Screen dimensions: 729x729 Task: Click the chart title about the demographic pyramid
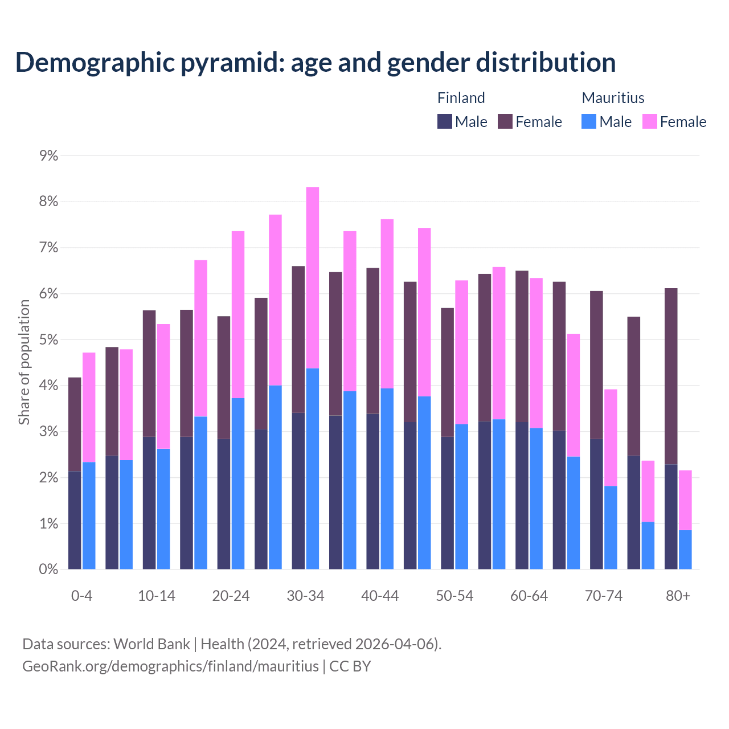pyautogui.click(x=316, y=62)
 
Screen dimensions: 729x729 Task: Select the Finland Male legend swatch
pyautogui.click(x=444, y=121)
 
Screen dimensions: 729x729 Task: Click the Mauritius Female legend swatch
pyautogui.click(x=649, y=121)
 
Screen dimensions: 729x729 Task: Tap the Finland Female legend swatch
pyautogui.click(x=505, y=121)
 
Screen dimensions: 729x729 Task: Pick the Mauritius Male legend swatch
pyautogui.click(x=589, y=121)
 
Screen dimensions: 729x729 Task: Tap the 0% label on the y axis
pyautogui.click(x=48, y=569)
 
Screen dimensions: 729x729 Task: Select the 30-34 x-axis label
pyautogui.click(x=305, y=596)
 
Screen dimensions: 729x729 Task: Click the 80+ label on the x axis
pyautogui.click(x=678, y=596)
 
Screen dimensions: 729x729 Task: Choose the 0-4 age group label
pyautogui.click(x=81, y=596)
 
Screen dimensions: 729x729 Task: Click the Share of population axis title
pyautogui.click(x=24, y=362)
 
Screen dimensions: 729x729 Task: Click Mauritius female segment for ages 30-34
pyautogui.click(x=313, y=277)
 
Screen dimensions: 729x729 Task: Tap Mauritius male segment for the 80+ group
pyautogui.click(x=685, y=550)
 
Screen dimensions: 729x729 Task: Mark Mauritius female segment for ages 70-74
pyautogui.click(x=611, y=437)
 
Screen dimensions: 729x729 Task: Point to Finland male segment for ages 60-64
pyautogui.click(x=522, y=495)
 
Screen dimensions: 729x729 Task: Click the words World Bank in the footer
pyautogui.click(x=151, y=644)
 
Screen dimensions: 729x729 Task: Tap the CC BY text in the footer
pyautogui.click(x=350, y=666)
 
